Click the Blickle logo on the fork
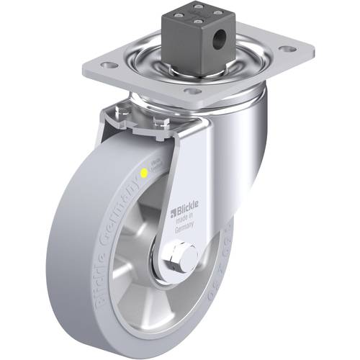[x=184, y=211]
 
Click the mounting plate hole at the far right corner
[x=287, y=50]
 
